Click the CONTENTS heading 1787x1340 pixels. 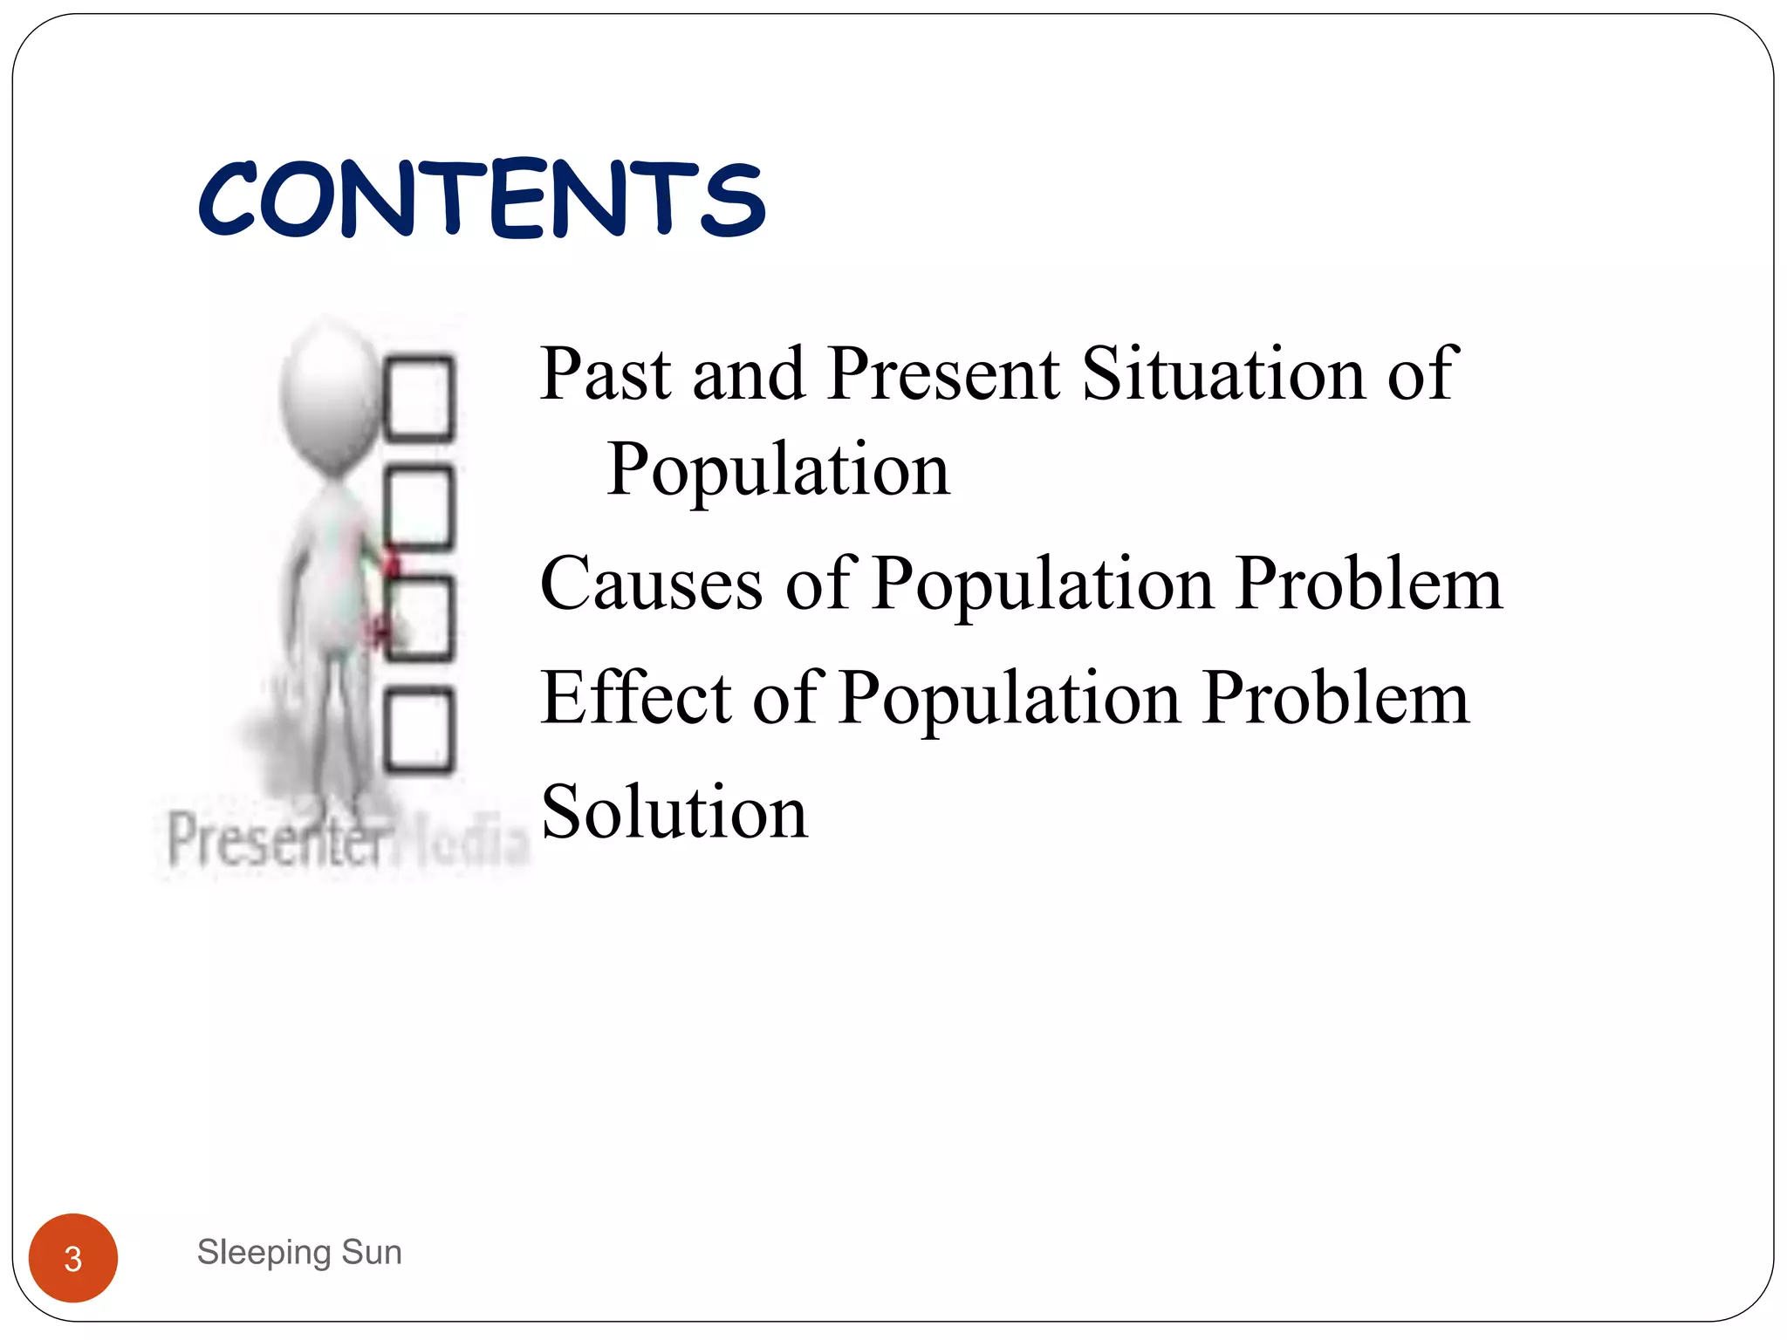tap(482, 200)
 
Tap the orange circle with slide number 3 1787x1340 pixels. tap(73, 1258)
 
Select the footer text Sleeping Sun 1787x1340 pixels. tap(299, 1252)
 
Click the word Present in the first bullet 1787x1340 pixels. tap(943, 374)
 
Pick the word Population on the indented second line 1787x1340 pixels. tap(778, 471)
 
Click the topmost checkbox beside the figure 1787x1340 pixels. tap(420, 398)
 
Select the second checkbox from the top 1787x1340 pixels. tap(420, 508)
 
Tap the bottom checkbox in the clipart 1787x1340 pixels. tap(420, 730)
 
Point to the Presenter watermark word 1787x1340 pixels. tap(277, 840)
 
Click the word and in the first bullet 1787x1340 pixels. tap(748, 374)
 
